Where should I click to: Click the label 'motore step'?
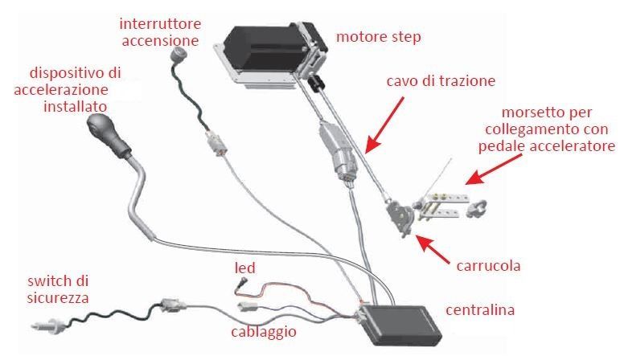[379, 37]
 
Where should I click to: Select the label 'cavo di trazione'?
[441, 81]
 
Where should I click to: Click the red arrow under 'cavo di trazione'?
[384, 125]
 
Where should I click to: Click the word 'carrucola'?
[488, 265]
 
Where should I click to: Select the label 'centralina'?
[480, 310]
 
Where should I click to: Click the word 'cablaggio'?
[264, 332]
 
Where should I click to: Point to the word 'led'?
[245, 268]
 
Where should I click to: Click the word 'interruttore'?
[160, 24]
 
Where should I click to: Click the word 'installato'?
[75, 107]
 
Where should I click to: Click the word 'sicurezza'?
[58, 298]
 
